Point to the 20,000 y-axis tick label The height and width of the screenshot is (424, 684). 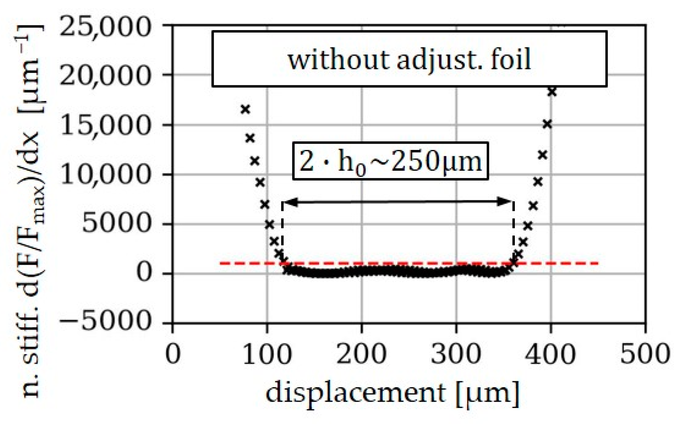pos(105,77)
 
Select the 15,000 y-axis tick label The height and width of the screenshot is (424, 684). pos(105,126)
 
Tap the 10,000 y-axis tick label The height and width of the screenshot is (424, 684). pos(105,175)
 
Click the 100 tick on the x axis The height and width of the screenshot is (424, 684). pos(267,354)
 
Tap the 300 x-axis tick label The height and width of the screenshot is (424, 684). pos(456,354)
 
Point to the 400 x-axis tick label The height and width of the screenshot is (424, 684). pos(551,354)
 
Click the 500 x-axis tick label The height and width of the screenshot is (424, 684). pos(645,354)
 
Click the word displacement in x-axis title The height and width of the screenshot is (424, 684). pos(356,393)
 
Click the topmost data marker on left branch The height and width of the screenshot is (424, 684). pos(245,109)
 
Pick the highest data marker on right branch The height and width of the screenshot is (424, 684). pos(552,92)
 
